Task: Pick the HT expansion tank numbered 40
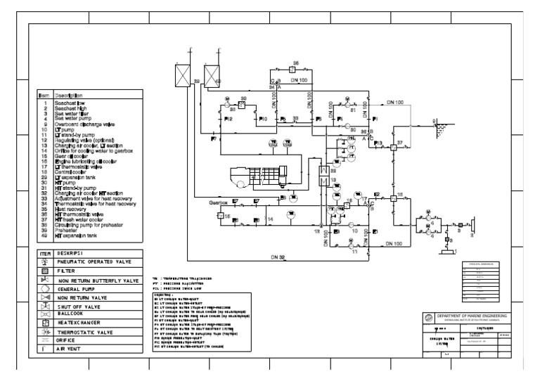pyautogui.click(x=210, y=74)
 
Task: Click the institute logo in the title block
pyautogui.click(x=430, y=318)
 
